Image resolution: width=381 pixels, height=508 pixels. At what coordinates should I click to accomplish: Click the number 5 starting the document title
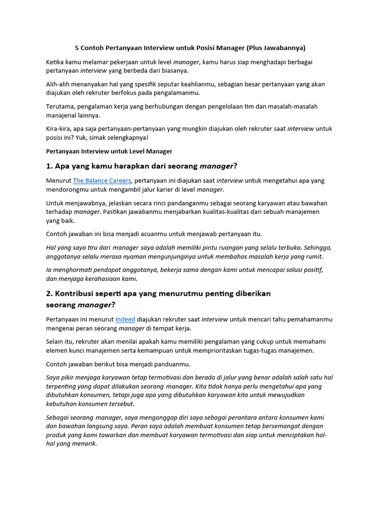pyautogui.click(x=77, y=48)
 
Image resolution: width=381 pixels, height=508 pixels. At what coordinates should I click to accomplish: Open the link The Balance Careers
pyautogui.click(x=102, y=181)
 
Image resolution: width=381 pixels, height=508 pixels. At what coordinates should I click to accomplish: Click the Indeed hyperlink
pyautogui.click(x=125, y=319)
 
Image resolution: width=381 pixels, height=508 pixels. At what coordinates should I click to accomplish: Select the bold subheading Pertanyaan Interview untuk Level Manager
pyautogui.click(x=109, y=151)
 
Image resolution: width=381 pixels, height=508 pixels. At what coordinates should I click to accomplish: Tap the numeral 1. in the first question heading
pyautogui.click(x=49, y=166)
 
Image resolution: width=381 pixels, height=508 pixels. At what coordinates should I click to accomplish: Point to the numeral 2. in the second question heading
pyautogui.click(x=49, y=294)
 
